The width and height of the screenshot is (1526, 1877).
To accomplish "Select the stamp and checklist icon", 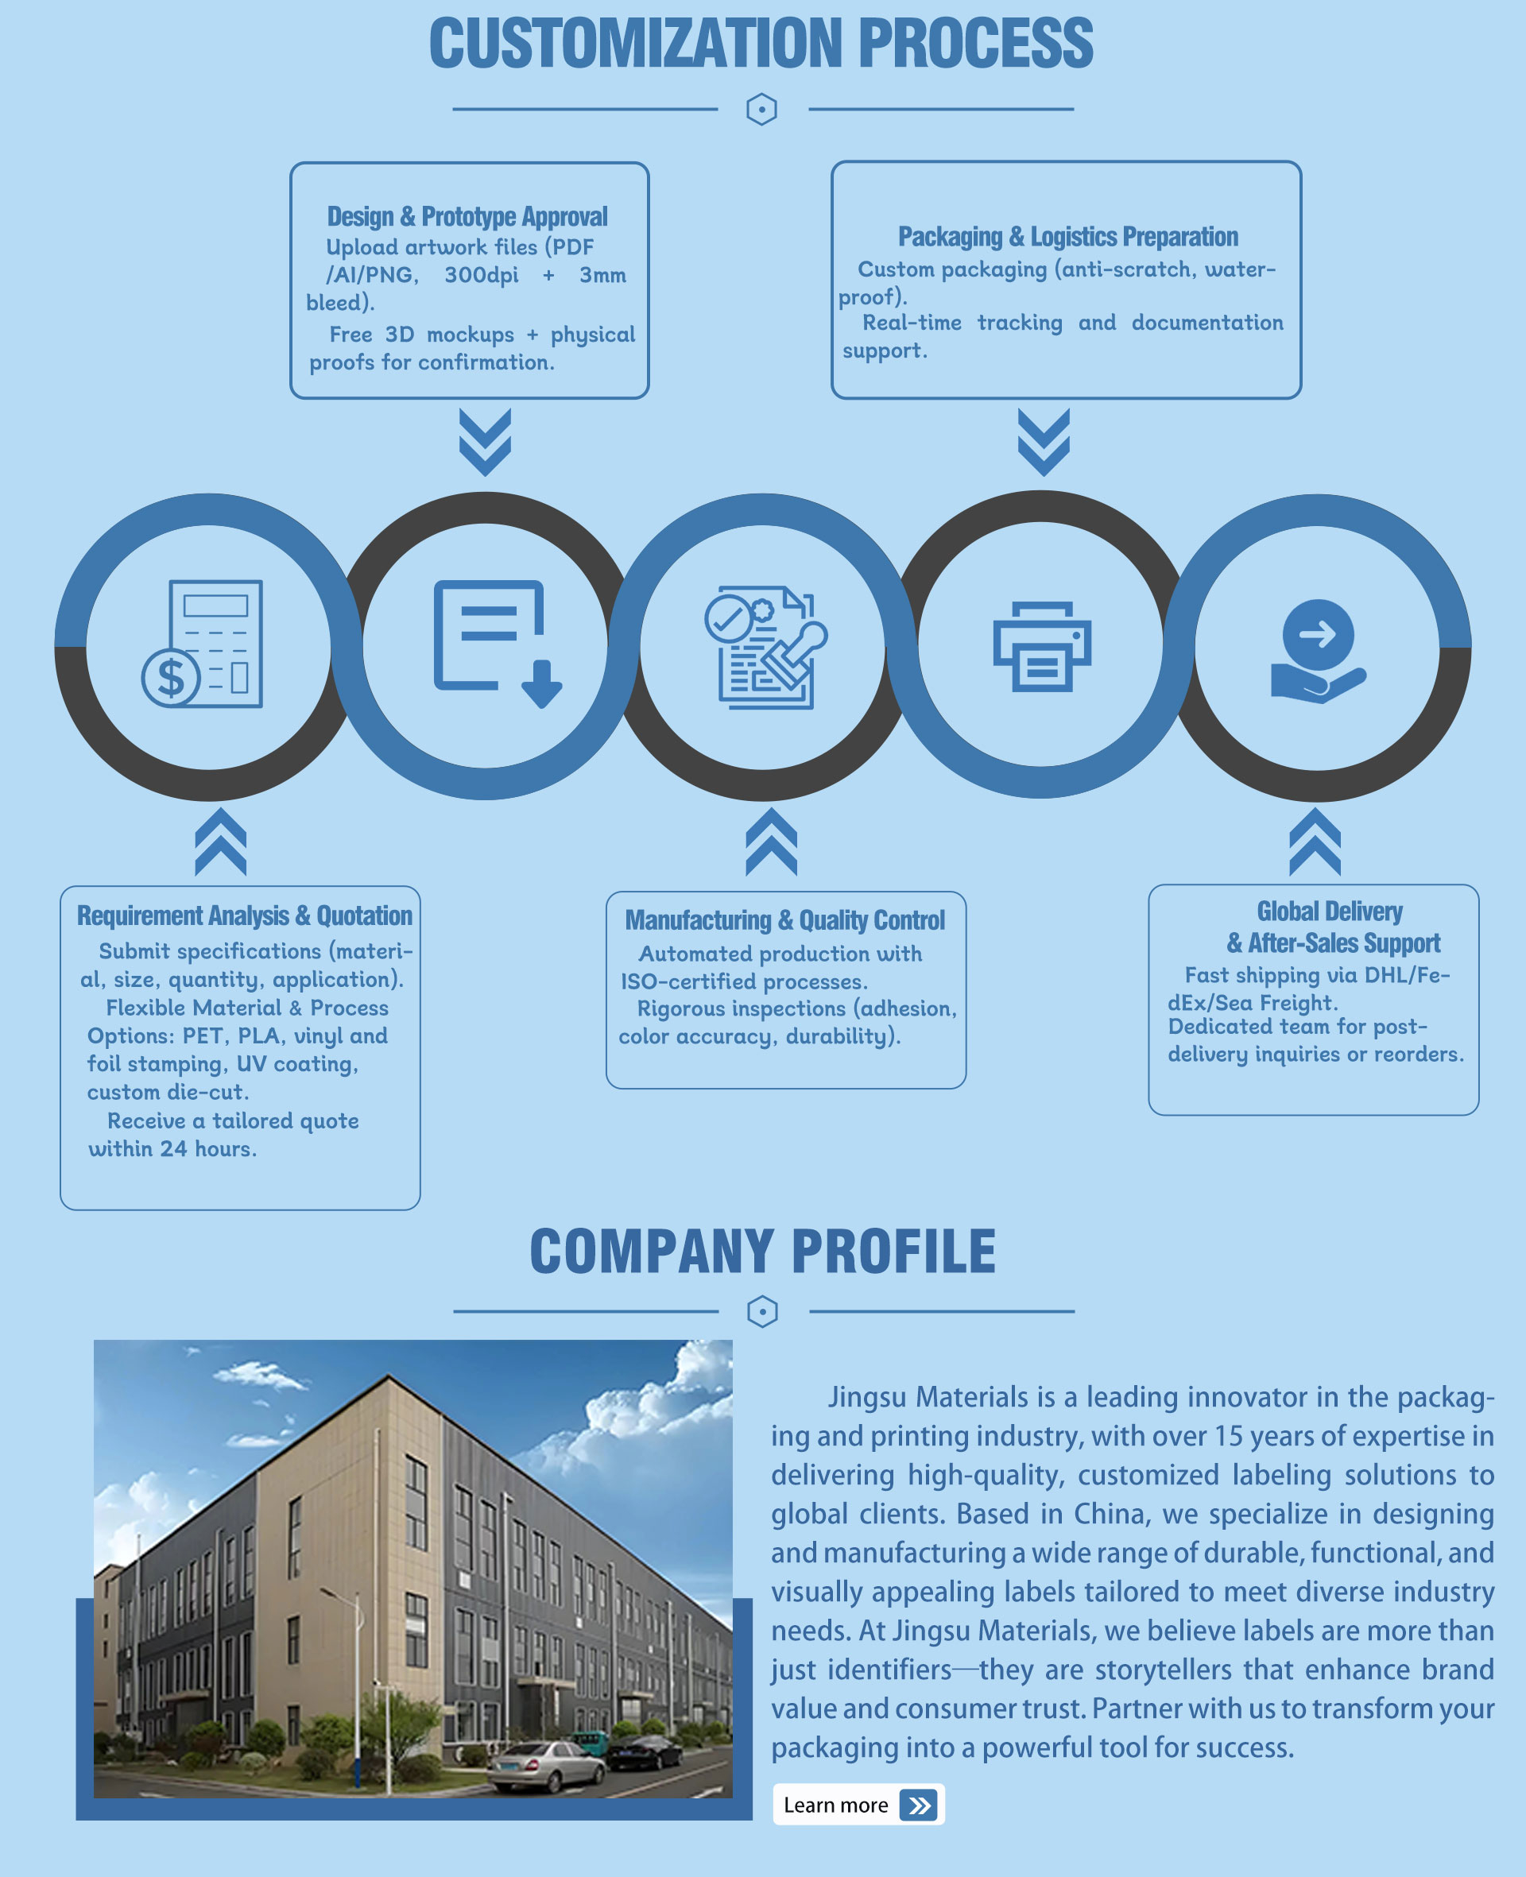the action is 765,647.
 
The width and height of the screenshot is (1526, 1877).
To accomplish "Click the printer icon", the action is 1042,646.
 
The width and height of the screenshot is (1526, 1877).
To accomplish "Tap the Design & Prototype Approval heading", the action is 467,216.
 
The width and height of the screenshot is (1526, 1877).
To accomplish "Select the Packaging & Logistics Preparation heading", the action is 1068,236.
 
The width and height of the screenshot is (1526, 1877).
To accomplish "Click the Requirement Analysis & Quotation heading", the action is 244,915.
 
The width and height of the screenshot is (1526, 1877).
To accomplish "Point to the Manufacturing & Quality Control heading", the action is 785,920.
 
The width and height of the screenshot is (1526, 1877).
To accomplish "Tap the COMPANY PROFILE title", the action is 763,1251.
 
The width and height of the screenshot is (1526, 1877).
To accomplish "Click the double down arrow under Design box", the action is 486,442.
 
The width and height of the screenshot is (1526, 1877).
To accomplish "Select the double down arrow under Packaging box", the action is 1044,442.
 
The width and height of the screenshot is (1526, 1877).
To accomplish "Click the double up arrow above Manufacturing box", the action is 771,842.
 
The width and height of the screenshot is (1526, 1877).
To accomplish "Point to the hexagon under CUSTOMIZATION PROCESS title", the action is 761,110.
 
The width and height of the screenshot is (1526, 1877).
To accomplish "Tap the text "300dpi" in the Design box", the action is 481,275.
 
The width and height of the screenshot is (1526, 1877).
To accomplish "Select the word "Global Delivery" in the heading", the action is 1329,911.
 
